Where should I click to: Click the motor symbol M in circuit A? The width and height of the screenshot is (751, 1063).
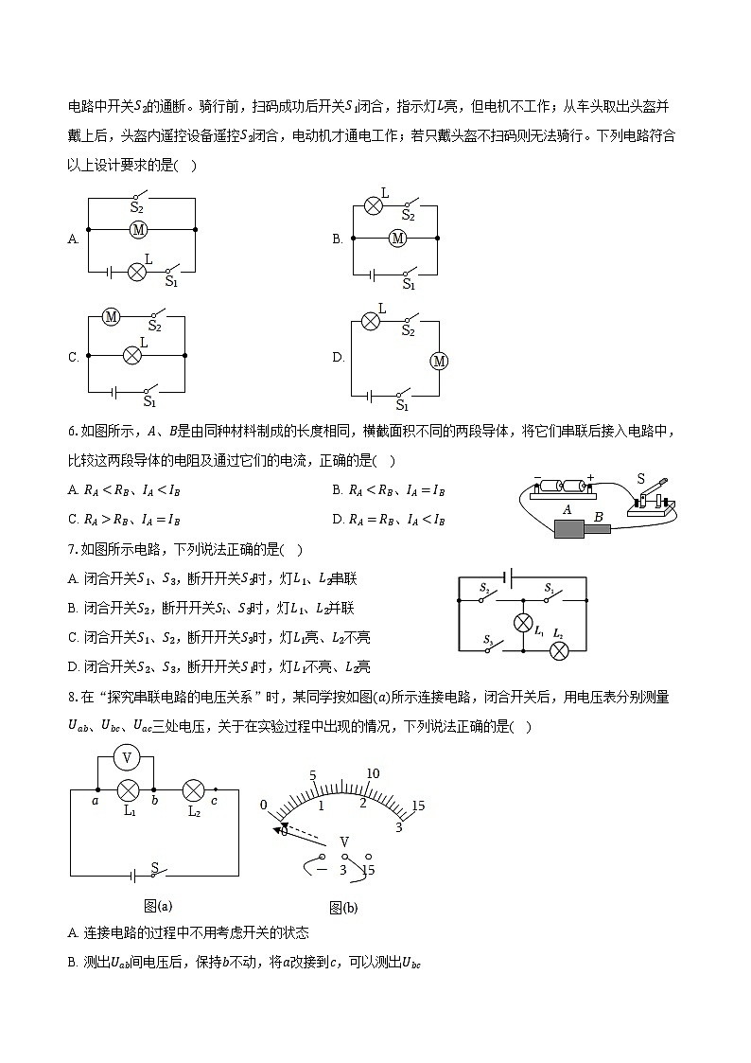[x=138, y=229]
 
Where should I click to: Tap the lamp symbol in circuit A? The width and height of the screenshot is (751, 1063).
[x=136, y=271]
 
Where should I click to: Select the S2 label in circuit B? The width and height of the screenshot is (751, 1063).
[x=408, y=216]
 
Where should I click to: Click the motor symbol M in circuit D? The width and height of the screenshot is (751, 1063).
[x=437, y=361]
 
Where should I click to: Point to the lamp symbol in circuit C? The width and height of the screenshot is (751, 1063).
[x=133, y=355]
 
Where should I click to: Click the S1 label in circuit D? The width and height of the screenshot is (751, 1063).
[x=402, y=405]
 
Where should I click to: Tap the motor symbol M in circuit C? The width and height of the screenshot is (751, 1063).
[x=111, y=317]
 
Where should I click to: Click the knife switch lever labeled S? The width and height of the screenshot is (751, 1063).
[x=654, y=493]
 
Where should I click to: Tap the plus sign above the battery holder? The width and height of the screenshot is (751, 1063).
[x=591, y=478]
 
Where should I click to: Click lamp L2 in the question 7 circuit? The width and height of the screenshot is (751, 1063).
[x=559, y=650]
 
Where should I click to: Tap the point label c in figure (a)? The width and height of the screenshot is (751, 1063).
[x=216, y=802]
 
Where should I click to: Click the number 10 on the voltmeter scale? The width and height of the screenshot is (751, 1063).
[x=373, y=774]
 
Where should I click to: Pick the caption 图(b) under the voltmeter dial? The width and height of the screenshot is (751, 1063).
[x=343, y=908]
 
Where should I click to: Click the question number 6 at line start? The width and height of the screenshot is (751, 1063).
[x=72, y=432]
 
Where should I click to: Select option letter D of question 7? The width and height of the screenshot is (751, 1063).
[x=73, y=666]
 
